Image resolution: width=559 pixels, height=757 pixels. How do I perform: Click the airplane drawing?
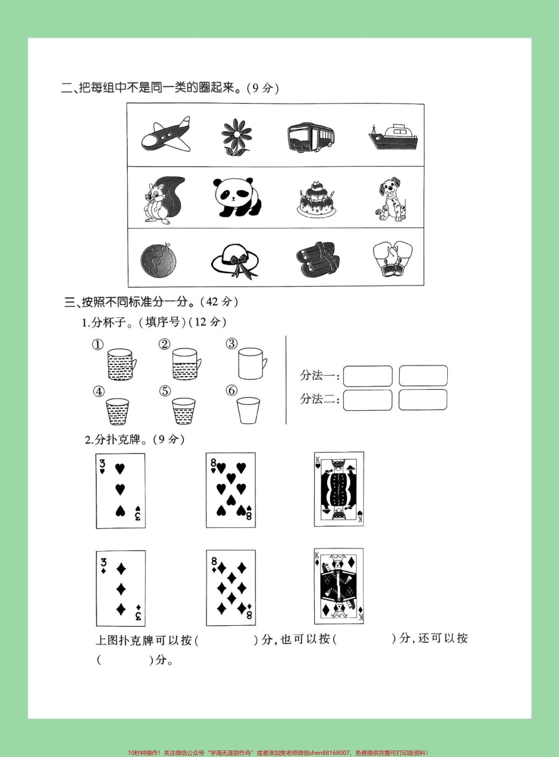coord(167,135)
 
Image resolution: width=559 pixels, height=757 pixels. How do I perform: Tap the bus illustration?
coord(311,138)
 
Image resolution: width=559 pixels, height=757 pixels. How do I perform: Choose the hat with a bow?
coord(234,258)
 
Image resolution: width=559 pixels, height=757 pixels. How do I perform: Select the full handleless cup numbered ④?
coord(118,411)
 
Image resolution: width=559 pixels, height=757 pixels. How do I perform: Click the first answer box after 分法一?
coord(368,376)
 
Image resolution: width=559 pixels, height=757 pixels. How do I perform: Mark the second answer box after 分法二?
coord(422,400)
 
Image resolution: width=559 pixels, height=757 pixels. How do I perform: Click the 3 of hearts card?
coord(121,490)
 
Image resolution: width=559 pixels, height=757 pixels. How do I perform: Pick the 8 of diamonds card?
coord(231,587)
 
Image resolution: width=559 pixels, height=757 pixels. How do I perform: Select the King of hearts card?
coord(339,489)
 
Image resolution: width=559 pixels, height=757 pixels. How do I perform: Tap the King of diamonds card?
coord(339,586)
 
